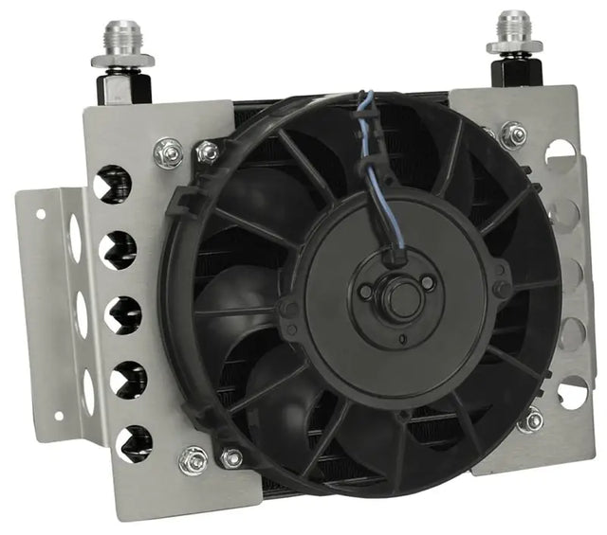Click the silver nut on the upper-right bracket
pos(513,135)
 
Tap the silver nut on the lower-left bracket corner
pos(193,460)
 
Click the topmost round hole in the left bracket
pos(114,185)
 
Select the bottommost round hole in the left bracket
pos(133,444)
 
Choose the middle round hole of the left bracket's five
pos(123,315)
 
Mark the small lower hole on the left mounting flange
pos(58,416)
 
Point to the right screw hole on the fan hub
pos(428,283)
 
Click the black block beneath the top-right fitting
pos(517,72)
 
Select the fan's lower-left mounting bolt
pos(230,458)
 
